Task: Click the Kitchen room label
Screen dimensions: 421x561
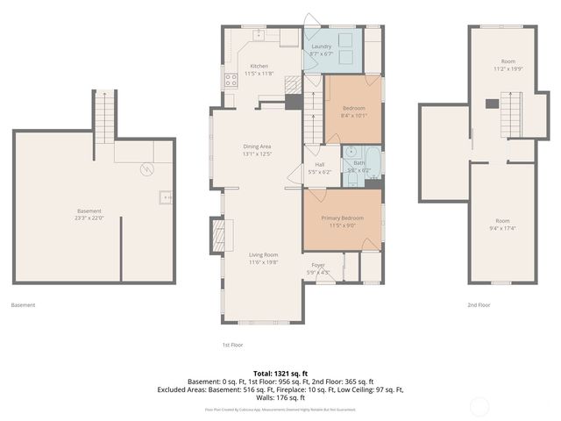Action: point(259,67)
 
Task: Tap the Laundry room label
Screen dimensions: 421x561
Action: point(320,46)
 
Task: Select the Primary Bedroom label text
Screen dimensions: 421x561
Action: point(342,218)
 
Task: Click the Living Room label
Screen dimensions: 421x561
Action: point(263,255)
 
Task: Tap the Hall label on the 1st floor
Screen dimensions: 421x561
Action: point(321,164)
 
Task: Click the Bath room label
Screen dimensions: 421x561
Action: point(359,163)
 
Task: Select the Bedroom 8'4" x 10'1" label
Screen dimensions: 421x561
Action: point(354,108)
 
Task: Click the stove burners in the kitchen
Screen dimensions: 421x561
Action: point(232,80)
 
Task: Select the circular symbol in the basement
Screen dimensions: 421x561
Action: point(148,168)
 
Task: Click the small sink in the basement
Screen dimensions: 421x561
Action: point(164,197)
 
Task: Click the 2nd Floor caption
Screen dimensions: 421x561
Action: point(479,305)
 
